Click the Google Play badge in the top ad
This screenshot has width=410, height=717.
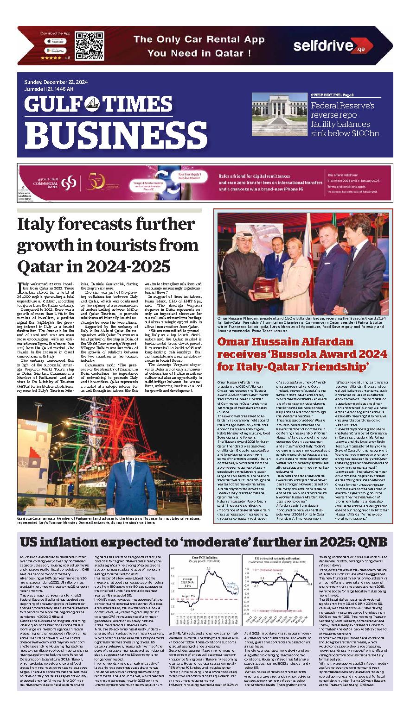tap(55, 50)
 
